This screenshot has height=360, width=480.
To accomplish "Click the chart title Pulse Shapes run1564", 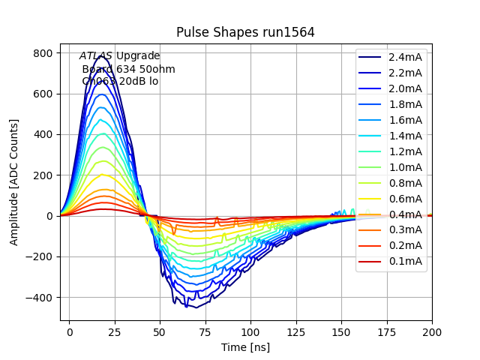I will (245, 32).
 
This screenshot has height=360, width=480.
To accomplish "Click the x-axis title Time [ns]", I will (245, 347).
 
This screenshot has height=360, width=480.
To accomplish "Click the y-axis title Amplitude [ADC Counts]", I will (14, 182).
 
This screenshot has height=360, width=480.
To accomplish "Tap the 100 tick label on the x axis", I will (250, 331).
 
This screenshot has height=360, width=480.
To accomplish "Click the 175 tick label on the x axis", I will (386, 331).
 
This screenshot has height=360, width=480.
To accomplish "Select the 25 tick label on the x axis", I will (115, 331).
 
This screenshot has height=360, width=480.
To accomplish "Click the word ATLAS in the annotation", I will (96, 56).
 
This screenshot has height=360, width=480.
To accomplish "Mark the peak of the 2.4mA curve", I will (101, 55).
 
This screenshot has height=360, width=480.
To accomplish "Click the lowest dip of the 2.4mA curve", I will (196, 307).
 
